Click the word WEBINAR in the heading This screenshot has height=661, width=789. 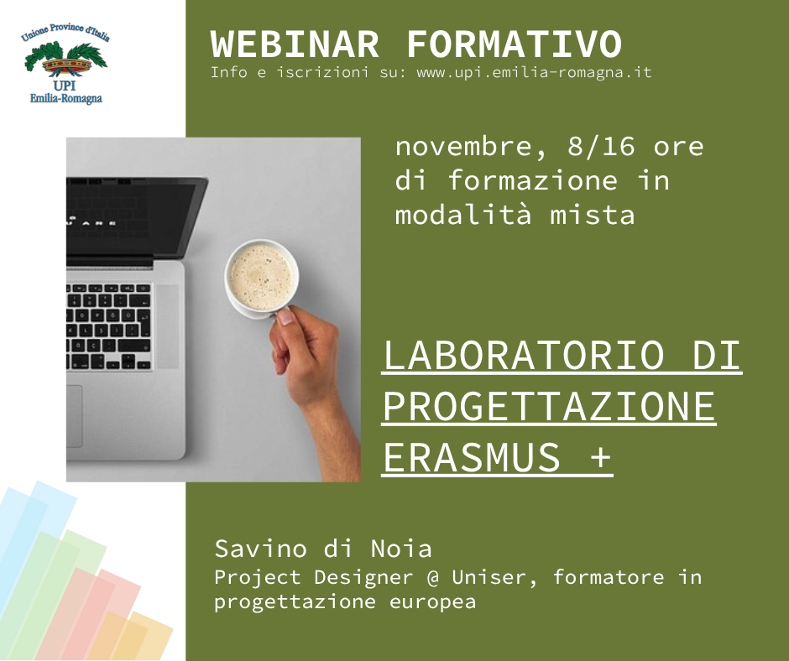(x=295, y=44)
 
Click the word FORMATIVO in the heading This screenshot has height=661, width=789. (x=515, y=44)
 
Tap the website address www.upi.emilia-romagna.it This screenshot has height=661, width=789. (x=535, y=73)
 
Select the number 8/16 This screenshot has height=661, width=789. (x=601, y=147)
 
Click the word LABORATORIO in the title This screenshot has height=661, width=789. (x=524, y=355)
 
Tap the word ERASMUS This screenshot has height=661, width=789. (x=472, y=457)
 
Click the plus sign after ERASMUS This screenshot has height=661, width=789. (x=600, y=458)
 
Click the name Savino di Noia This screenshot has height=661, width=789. (x=323, y=549)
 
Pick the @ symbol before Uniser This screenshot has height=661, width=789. (x=433, y=577)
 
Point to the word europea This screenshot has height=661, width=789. (x=433, y=602)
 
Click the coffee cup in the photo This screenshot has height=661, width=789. (x=261, y=278)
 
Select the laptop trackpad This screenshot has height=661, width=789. (x=74, y=416)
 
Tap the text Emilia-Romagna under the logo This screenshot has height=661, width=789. (x=66, y=98)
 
